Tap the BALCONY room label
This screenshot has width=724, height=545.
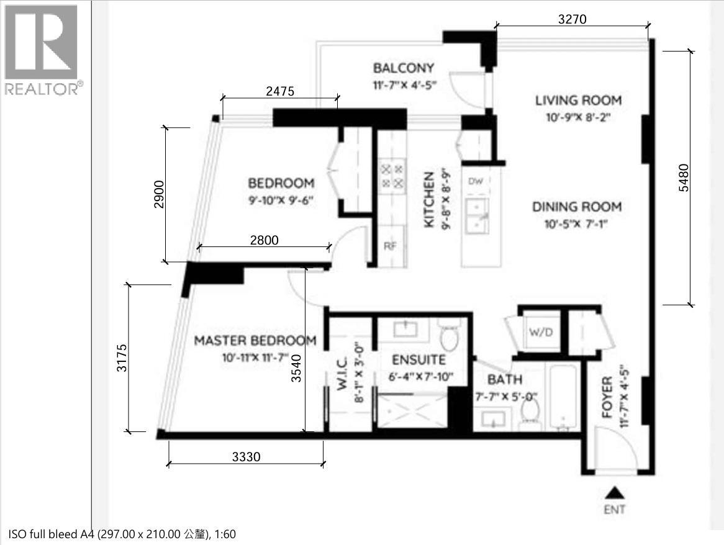point(403,68)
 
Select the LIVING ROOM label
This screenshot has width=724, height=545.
point(578,100)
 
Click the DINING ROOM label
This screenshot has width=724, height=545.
point(576,207)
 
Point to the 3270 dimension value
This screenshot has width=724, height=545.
point(572,19)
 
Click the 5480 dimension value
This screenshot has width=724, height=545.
point(684,179)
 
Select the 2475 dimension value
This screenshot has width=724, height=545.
point(279,91)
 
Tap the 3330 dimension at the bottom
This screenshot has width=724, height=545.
point(246,457)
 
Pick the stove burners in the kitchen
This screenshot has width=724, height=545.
point(392,176)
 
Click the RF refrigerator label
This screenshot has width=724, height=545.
point(390,246)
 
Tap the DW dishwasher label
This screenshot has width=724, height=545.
point(476,181)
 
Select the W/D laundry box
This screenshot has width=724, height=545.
point(540,332)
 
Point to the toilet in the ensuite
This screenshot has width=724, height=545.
point(448,336)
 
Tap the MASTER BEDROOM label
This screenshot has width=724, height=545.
point(255,341)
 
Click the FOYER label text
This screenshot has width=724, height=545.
point(607,397)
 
